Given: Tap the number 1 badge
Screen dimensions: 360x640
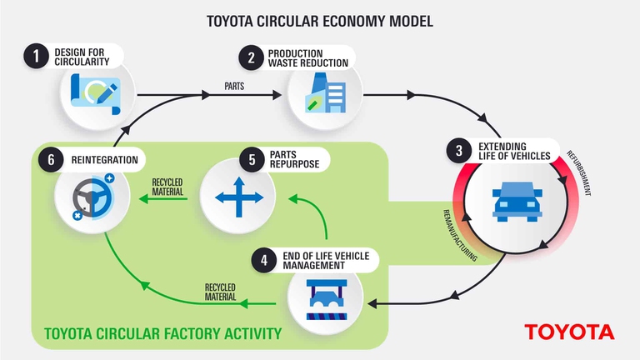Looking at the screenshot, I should click(x=35, y=57).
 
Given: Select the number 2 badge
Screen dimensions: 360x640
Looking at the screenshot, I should click(x=249, y=57).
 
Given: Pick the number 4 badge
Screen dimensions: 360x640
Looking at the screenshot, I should click(x=264, y=260).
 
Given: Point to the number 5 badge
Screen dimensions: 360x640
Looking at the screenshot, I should click(x=250, y=159).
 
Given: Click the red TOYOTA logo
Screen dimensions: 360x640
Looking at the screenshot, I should click(x=569, y=332).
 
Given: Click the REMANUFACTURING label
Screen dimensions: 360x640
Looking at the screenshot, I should click(x=457, y=236).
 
